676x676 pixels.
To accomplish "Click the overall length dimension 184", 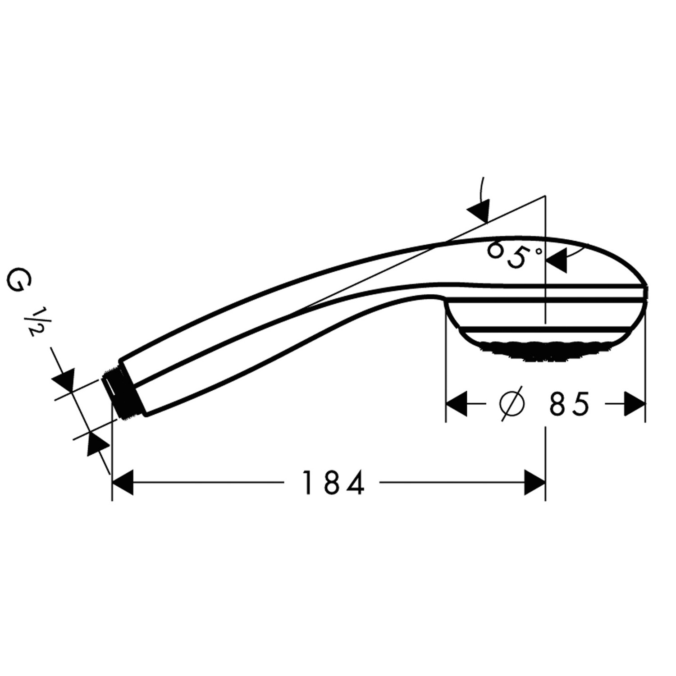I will click(x=333, y=483).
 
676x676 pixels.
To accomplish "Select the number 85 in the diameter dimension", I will click(x=569, y=404).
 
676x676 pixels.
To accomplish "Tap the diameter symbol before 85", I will click(x=512, y=404).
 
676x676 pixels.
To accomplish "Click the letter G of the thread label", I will click(x=16, y=280).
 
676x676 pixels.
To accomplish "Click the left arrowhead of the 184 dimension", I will click(x=123, y=483).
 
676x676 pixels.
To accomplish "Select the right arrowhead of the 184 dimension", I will click(x=535, y=483).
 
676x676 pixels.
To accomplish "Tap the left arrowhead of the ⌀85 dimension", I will click(x=456, y=404).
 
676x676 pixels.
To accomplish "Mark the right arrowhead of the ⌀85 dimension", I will click(x=635, y=404).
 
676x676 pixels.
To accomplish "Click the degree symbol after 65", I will click(x=538, y=251).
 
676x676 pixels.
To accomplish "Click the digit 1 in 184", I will click(x=307, y=483).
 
